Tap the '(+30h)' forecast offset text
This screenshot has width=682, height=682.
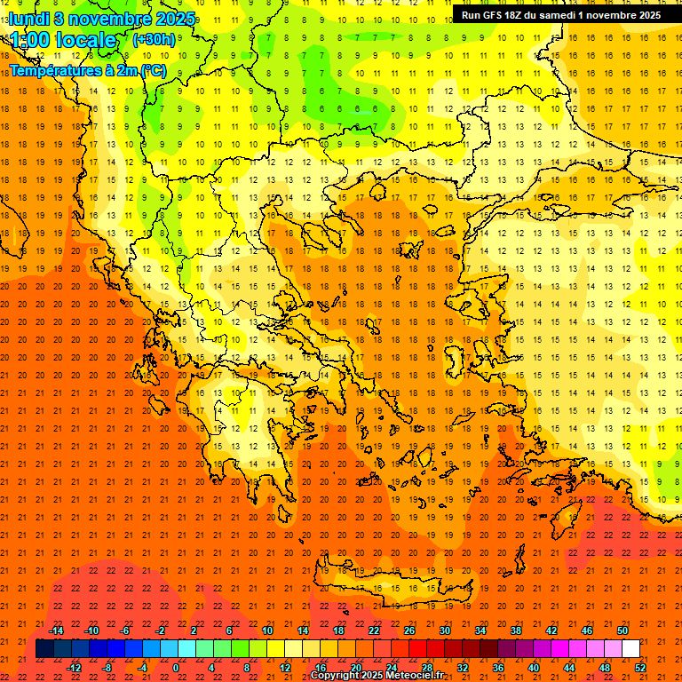click(x=154, y=39)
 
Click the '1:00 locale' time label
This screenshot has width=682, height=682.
click(x=63, y=40)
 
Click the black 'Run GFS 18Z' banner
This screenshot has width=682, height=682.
click(x=560, y=14)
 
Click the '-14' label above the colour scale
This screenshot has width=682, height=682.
click(x=57, y=630)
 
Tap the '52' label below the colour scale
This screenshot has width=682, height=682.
click(x=640, y=667)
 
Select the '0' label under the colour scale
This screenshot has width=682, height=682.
click(x=176, y=667)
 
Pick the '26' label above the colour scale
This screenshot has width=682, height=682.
click(x=409, y=630)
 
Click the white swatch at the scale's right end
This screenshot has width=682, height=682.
click(x=631, y=648)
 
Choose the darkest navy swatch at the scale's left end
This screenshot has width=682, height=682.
click(x=44, y=648)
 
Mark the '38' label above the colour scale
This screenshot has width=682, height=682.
click(x=516, y=630)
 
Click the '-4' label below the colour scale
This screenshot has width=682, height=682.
click(x=141, y=667)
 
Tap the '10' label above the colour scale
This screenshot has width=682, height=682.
click(x=267, y=630)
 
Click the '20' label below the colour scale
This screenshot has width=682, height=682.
click(x=355, y=667)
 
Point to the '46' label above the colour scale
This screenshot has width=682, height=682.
click(x=587, y=630)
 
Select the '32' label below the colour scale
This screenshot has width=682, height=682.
click(x=462, y=667)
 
